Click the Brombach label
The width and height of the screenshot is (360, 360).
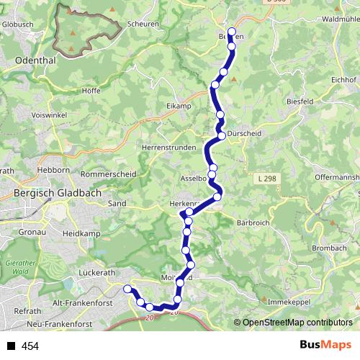click(x=330, y=248)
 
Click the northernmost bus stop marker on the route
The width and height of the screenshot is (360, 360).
click(x=231, y=31)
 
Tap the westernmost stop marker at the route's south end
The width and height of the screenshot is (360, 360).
click(x=128, y=289)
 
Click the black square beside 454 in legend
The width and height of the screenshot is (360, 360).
click(x=10, y=346)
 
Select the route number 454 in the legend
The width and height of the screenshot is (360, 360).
click(x=30, y=346)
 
